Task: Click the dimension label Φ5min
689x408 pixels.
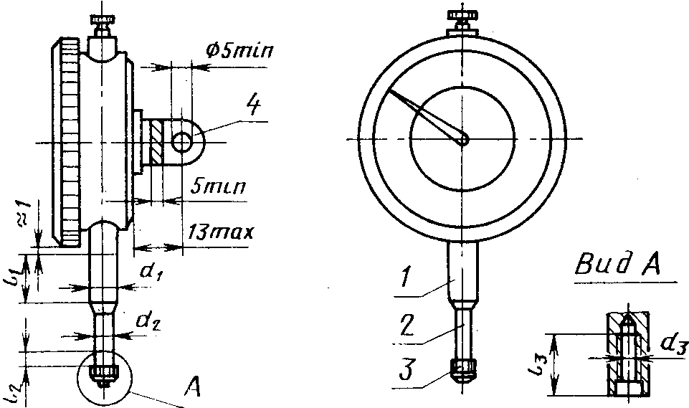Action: (239, 49)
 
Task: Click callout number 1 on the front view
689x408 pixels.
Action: (406, 277)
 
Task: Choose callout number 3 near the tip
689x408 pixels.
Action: (407, 369)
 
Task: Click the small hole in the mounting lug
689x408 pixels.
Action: (182, 143)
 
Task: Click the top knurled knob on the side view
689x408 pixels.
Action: (103, 20)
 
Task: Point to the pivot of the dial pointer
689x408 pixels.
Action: (463, 140)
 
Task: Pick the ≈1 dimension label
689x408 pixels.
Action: (24, 213)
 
